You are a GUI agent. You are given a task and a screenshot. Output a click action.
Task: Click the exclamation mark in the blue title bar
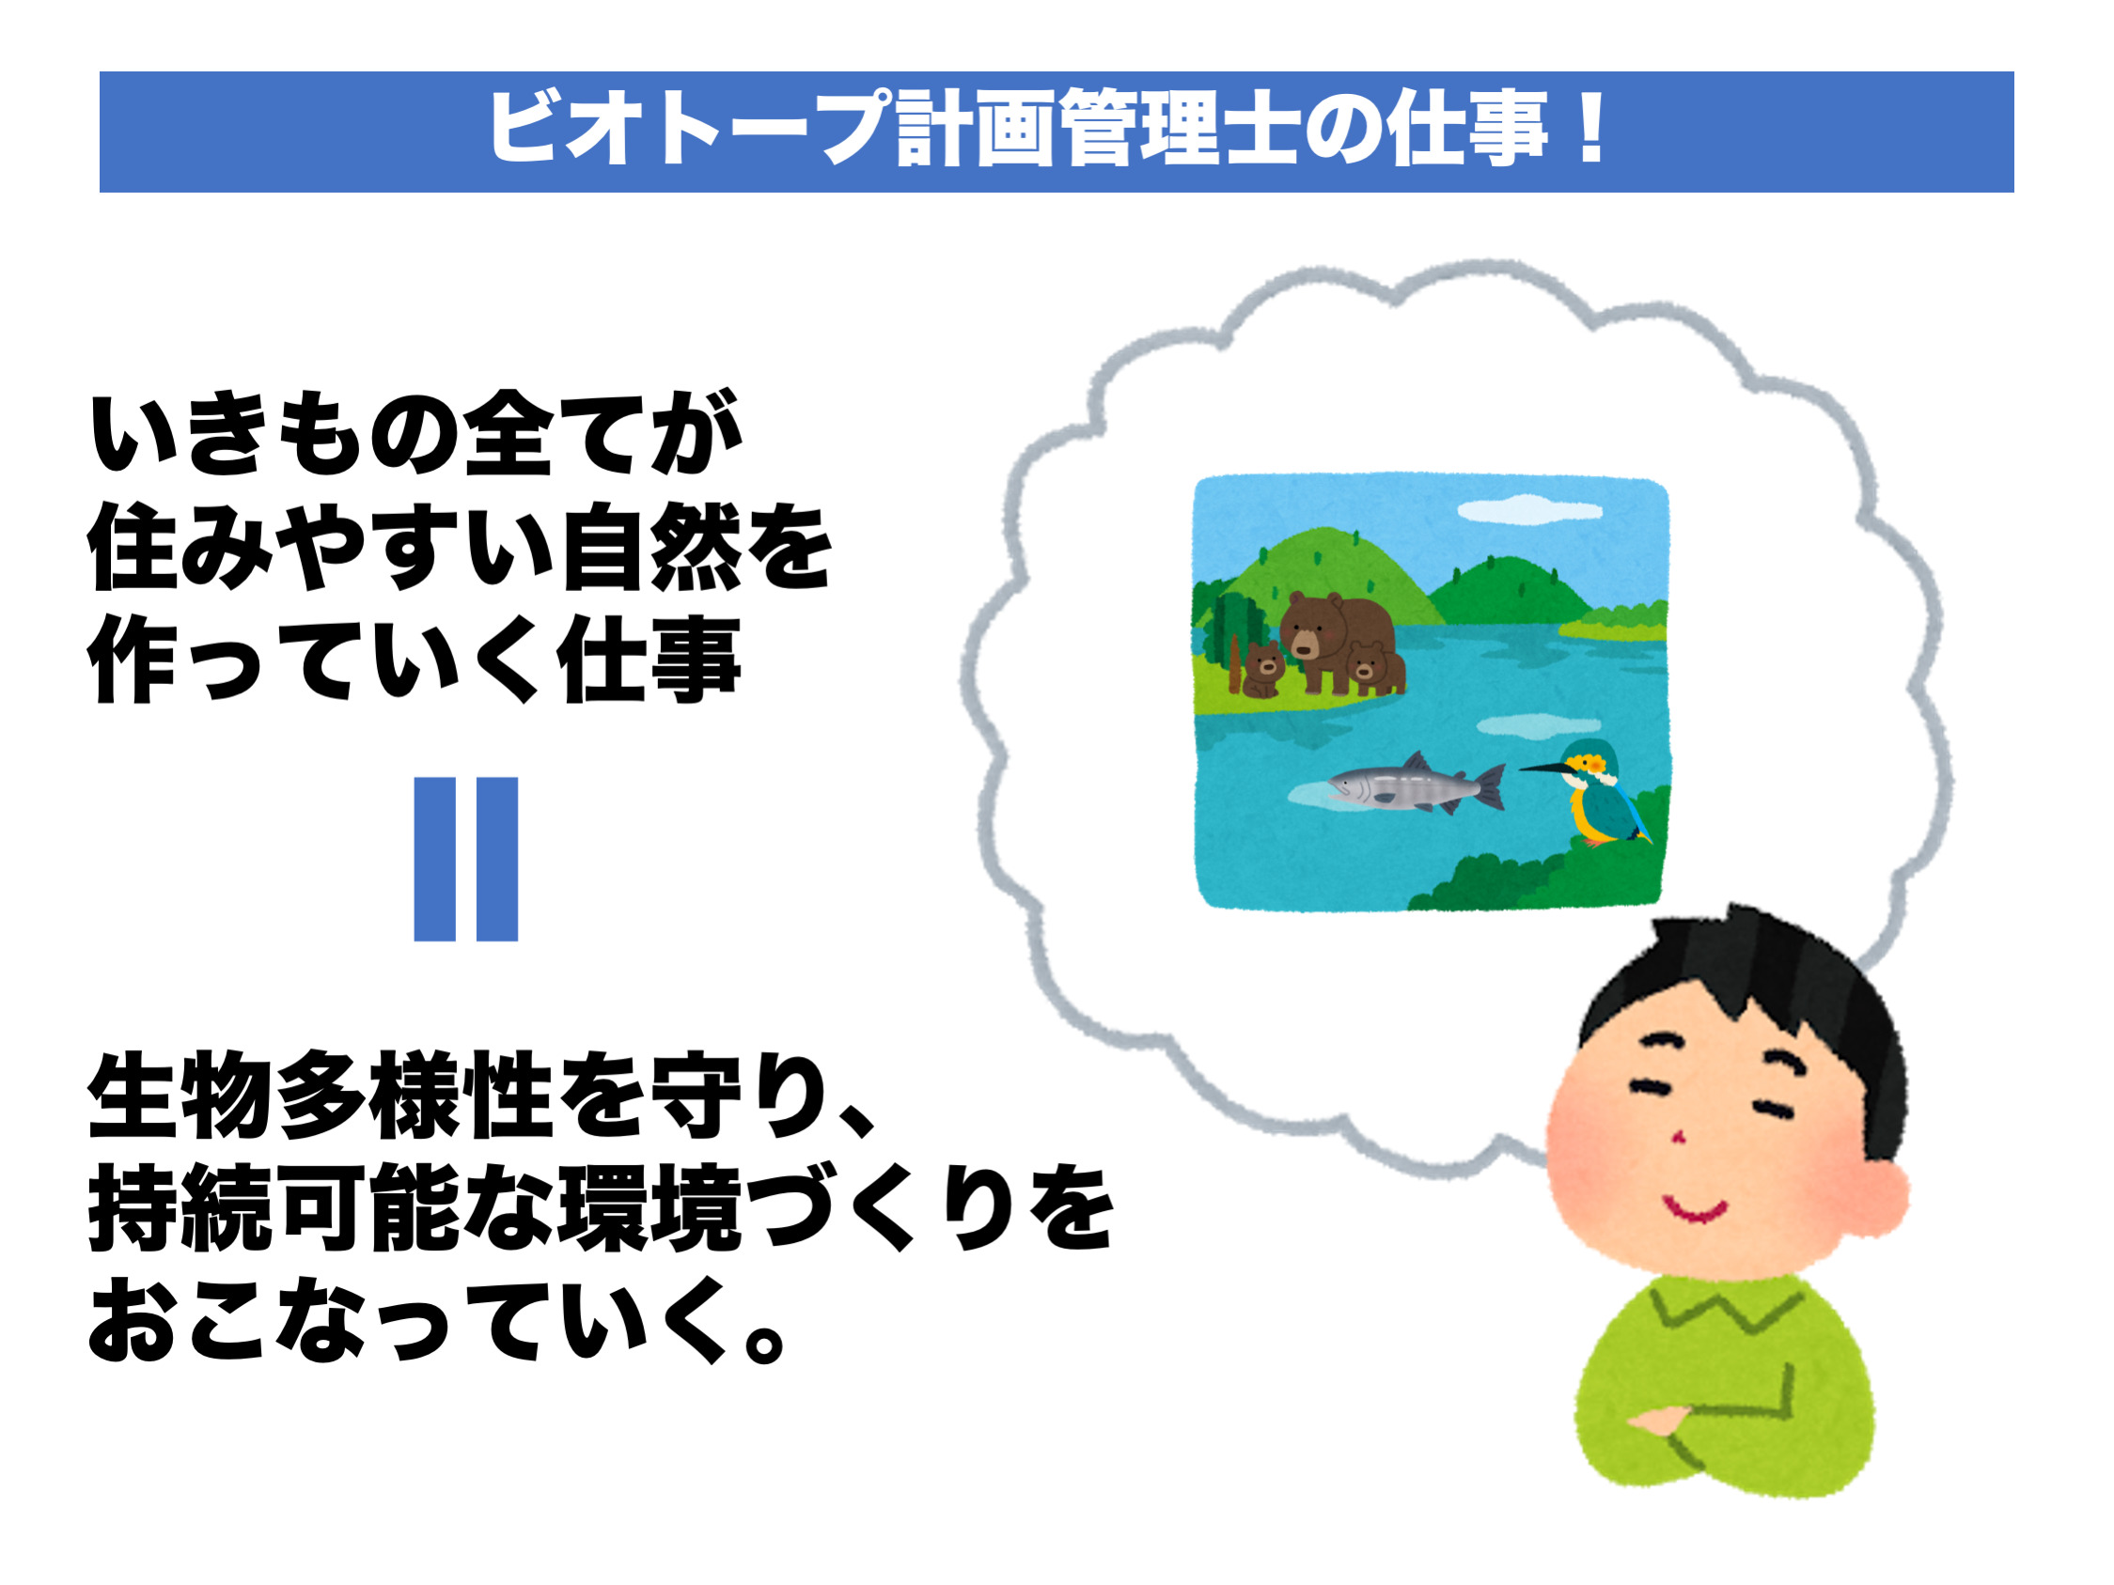(1591, 127)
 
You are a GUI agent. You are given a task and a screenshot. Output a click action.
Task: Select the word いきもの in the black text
(274, 433)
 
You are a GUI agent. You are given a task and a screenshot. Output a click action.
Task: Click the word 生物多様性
(321, 1096)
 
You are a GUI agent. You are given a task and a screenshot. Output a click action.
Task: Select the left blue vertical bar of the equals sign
(435, 859)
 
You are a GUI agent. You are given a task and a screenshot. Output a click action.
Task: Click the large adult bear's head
(1312, 625)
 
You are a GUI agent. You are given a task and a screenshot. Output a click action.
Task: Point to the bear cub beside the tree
(1263, 669)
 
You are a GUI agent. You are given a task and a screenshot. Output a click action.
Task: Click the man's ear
(1875, 1198)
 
